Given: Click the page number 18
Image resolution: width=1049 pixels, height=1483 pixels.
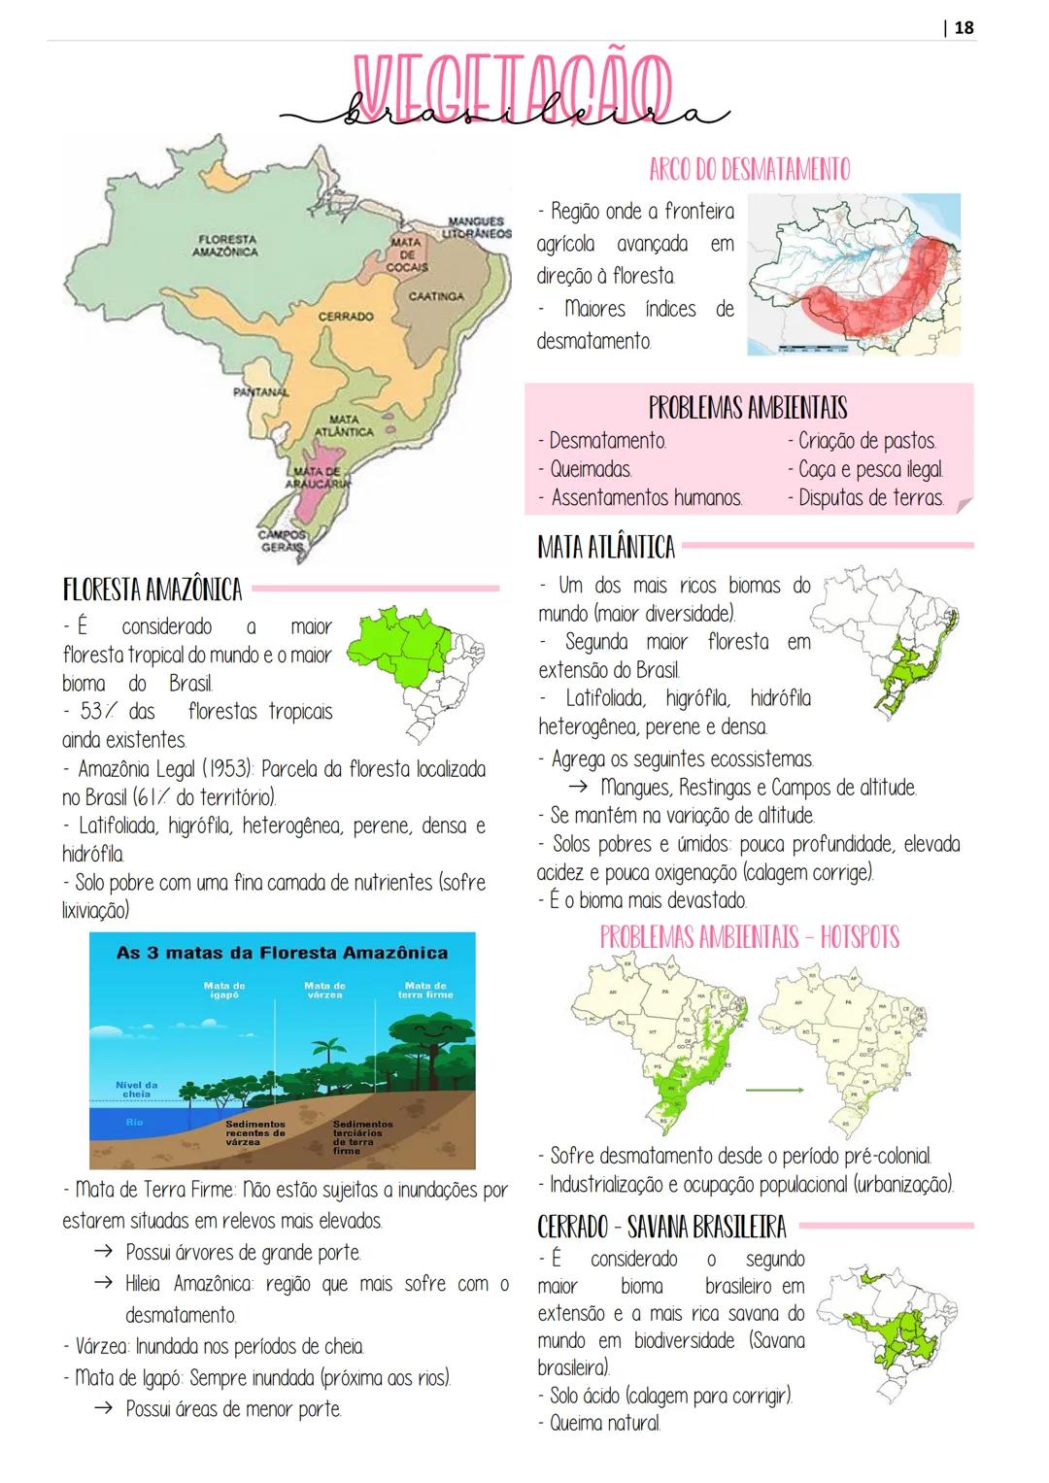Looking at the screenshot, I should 964,27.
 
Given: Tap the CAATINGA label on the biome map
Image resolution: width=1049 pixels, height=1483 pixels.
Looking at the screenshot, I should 435,295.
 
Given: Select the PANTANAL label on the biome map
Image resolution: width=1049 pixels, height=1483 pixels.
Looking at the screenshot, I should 261,391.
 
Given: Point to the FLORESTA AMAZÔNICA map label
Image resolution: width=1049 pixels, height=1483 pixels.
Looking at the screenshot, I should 225,245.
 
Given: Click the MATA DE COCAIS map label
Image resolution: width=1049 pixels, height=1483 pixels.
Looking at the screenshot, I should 406,253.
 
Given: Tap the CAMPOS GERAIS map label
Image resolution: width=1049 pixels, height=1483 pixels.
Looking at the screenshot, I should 283,540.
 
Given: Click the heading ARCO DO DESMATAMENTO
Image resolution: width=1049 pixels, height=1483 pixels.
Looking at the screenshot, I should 749,169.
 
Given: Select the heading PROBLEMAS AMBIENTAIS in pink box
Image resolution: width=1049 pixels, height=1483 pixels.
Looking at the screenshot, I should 748,407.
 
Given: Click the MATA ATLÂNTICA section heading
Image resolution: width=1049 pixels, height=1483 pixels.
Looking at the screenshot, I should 606,547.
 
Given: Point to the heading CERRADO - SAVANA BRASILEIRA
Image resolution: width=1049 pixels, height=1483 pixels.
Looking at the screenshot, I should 661,1227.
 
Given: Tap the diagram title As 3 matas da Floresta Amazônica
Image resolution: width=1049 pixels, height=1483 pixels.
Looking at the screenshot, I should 283,953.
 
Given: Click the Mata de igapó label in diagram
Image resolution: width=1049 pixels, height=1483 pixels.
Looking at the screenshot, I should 224,990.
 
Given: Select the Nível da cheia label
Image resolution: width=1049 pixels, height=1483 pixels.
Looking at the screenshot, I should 136,1089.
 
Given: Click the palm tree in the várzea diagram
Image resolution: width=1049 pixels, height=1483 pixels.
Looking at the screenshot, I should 327,1054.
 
